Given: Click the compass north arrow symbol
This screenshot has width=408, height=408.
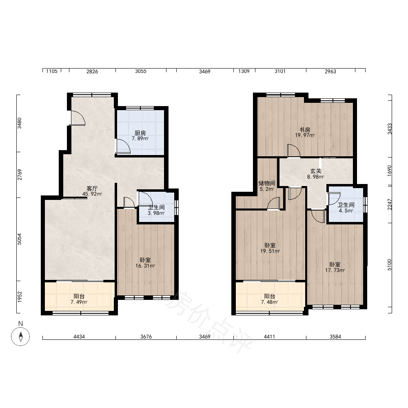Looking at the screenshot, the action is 20,337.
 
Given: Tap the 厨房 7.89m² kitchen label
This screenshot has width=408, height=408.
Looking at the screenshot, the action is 140,136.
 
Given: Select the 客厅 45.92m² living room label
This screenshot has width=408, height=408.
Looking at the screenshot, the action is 92,191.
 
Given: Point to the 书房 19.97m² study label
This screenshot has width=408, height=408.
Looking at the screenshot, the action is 305,133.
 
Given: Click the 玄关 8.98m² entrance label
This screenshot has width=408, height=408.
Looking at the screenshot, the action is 316,174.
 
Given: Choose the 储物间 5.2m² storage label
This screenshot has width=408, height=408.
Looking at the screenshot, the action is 267,186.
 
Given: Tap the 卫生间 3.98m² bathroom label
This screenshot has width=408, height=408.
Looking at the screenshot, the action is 156,210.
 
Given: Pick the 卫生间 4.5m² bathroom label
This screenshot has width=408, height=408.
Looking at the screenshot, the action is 346,208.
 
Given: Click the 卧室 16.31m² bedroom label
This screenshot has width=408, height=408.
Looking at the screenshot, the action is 145,263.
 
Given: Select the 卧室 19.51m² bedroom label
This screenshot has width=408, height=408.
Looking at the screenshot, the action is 270,248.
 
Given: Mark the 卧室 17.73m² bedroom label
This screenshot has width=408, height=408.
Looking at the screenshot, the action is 335,268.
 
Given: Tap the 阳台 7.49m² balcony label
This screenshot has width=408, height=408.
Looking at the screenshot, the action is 79,299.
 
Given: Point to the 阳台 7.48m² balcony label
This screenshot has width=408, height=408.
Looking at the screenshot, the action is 270,299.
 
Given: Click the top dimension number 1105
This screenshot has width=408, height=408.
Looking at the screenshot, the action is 52,71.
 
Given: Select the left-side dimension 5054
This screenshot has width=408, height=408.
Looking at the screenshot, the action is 20,239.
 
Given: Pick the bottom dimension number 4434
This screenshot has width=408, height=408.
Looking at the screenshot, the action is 79,337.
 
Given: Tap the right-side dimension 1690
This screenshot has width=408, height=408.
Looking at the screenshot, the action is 389,171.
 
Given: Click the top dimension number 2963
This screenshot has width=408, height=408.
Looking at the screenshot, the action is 330,71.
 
